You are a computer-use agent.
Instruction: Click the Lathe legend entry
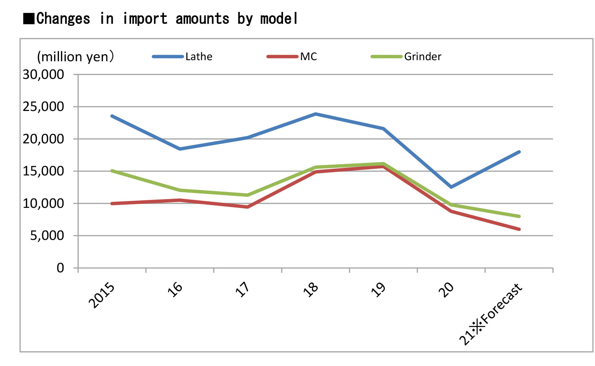point(199,57)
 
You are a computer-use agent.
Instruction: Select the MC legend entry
point(308,57)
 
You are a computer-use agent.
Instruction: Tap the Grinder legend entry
point(422,57)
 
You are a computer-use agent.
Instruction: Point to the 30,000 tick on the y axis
point(43,75)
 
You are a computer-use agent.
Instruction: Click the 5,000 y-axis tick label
point(47,236)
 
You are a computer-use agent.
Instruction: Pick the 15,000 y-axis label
point(43,171)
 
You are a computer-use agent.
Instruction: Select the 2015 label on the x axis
point(102,295)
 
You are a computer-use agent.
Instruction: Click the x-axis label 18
point(311,289)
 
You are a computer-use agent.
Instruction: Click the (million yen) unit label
point(75,57)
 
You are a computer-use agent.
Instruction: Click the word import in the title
point(145,18)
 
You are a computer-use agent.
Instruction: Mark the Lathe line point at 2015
point(112,116)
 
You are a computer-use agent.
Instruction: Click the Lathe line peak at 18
point(316,114)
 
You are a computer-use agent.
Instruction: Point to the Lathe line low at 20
point(451,187)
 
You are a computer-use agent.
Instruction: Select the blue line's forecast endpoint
point(519,152)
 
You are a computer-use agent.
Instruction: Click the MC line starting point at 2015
point(112,204)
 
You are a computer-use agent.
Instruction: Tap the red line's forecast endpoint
point(519,229)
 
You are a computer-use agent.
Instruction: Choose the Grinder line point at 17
point(248,195)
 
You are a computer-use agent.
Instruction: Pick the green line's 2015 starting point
point(112,171)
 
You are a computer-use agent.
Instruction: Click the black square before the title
point(29,19)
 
